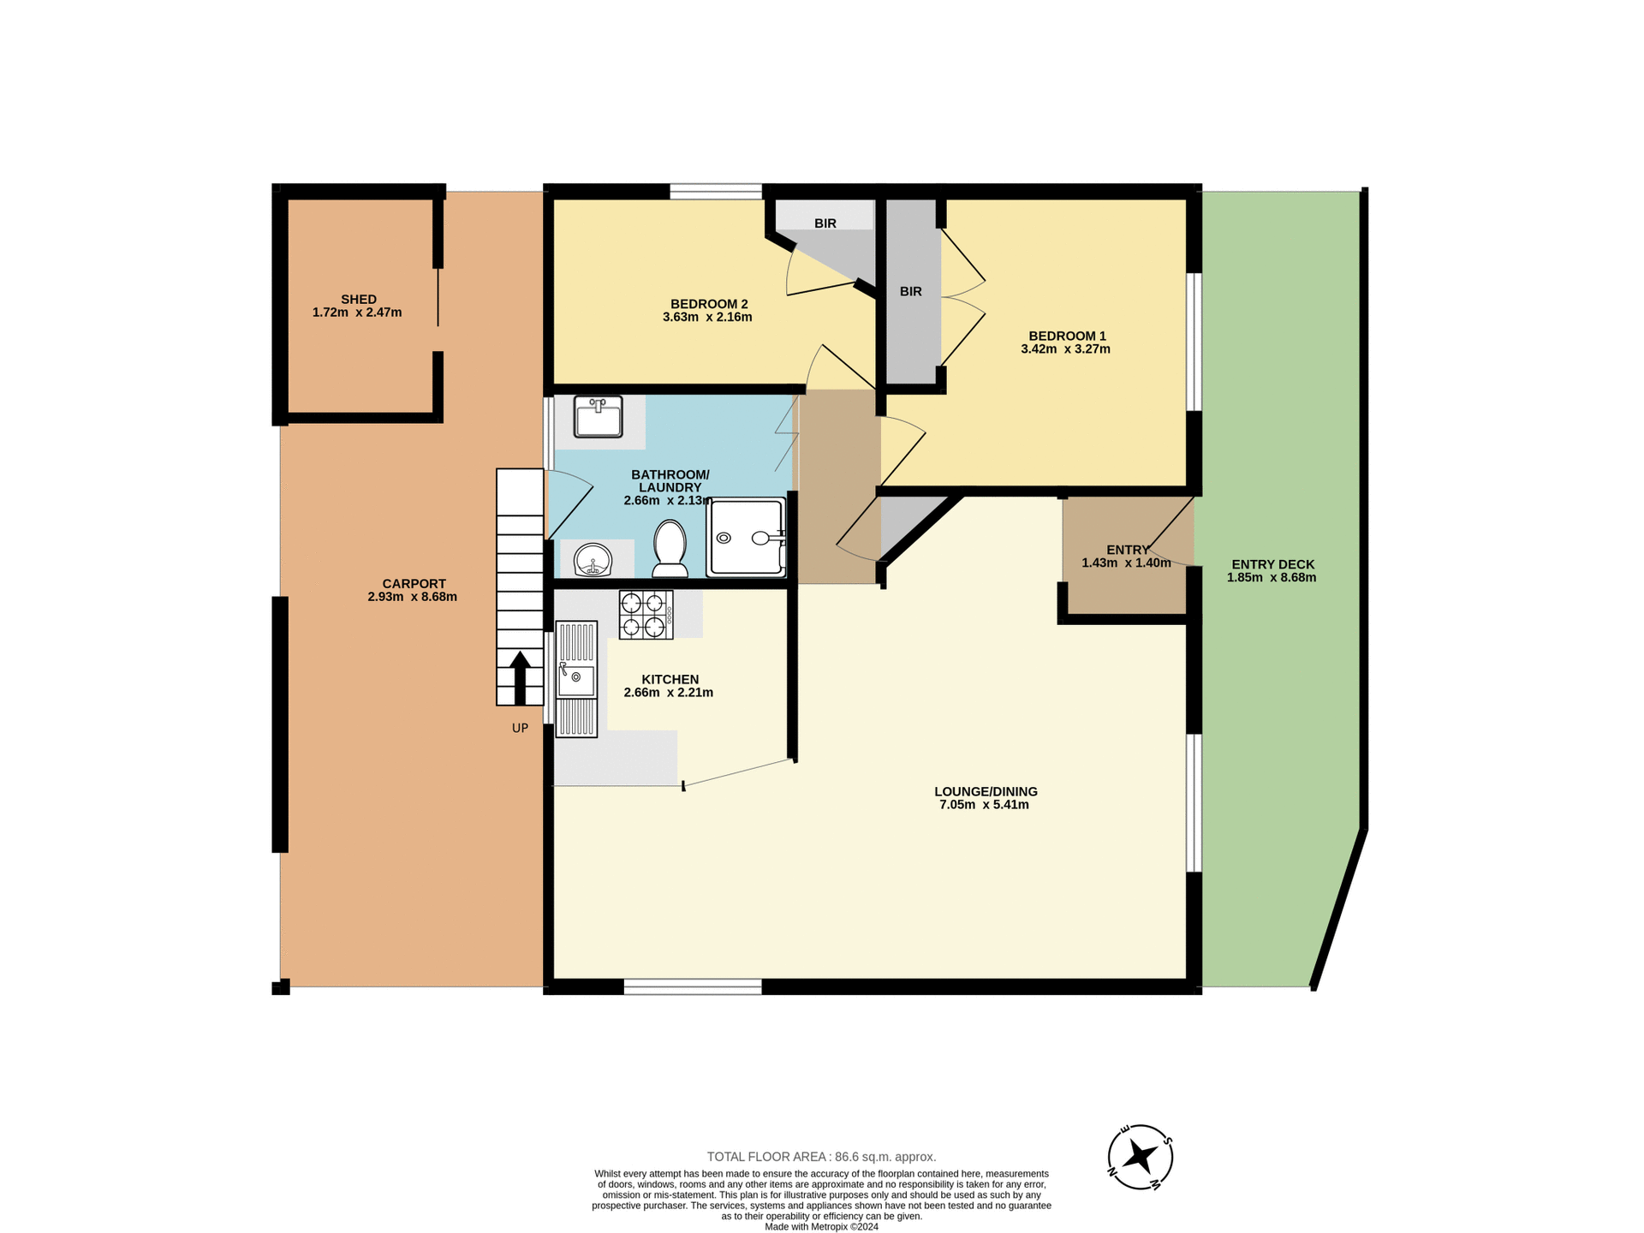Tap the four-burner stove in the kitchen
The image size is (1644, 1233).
[x=646, y=615]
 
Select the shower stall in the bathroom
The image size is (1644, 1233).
[x=746, y=538]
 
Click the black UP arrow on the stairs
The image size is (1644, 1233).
[x=519, y=676]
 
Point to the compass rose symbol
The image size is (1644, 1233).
[x=1140, y=1157]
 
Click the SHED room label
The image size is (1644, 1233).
[x=358, y=300]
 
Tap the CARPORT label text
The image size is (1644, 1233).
[x=414, y=584]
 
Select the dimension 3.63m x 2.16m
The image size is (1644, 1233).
[x=707, y=317]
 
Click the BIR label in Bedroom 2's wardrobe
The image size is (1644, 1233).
[x=825, y=223]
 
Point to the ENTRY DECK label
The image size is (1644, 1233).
[x=1272, y=564]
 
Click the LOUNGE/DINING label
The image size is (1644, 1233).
[x=986, y=791]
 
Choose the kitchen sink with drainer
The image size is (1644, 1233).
[x=576, y=679]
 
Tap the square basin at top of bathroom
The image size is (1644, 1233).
[x=598, y=417]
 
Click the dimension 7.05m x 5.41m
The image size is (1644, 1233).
[x=984, y=805]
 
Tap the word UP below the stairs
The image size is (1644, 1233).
[x=520, y=728]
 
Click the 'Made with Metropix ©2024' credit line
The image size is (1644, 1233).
[x=821, y=1226]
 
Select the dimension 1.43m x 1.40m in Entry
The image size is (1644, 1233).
[x=1125, y=563]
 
